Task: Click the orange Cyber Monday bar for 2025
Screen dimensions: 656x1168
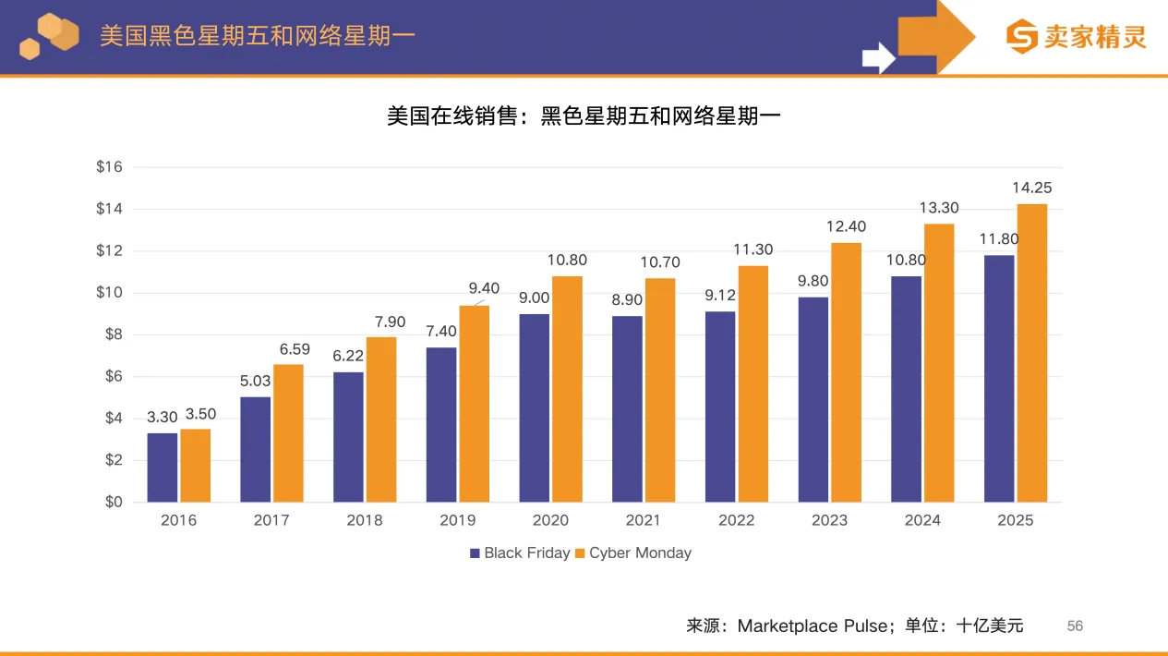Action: [1031, 353]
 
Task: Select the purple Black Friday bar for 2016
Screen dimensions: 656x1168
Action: [163, 468]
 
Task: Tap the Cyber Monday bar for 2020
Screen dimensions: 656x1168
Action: [567, 389]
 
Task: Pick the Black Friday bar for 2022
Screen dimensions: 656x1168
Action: [720, 407]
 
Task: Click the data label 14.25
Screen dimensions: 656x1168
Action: [1031, 188]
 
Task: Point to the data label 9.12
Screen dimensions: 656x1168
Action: [720, 296]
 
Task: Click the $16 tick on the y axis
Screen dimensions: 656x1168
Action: [109, 167]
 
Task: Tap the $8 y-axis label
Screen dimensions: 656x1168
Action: [113, 334]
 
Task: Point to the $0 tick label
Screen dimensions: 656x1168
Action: [113, 502]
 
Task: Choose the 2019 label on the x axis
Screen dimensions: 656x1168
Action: [457, 520]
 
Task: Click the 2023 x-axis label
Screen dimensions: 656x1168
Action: [829, 520]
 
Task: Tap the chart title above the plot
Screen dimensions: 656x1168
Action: [584, 116]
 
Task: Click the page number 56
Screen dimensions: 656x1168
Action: [1075, 626]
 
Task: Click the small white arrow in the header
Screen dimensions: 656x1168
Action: [878, 58]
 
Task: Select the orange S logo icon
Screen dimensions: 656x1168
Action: [1022, 37]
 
